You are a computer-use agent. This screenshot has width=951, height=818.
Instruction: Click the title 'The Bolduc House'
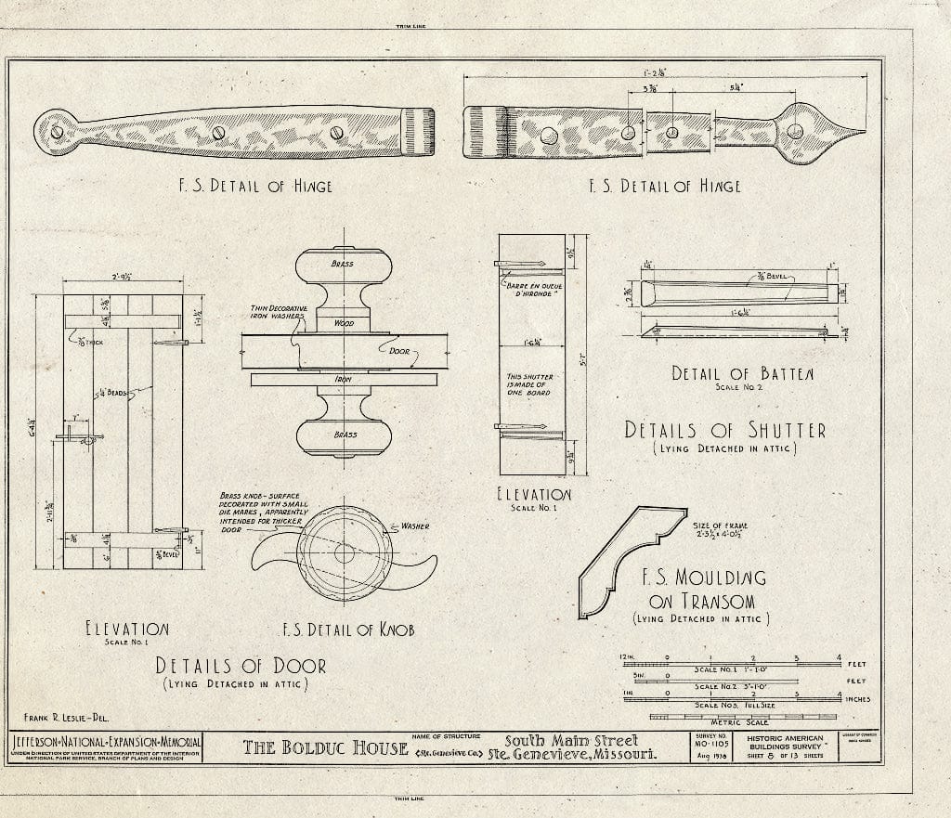[x=325, y=747]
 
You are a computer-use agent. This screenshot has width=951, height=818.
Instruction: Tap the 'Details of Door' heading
[x=241, y=666]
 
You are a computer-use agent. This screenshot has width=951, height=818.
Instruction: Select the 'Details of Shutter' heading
[x=724, y=430]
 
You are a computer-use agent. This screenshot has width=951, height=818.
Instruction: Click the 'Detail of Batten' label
[x=742, y=373]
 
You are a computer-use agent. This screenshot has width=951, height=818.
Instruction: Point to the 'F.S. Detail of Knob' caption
[x=348, y=630]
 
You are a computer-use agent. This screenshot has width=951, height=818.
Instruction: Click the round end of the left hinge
[x=56, y=131]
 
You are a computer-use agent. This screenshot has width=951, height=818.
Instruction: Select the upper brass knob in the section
[x=343, y=266]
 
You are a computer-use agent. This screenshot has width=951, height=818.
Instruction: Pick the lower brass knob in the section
[x=343, y=434]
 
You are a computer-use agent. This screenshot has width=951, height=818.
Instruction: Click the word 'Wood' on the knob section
[x=343, y=323]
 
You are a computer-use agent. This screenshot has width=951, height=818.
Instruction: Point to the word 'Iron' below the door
[x=343, y=379]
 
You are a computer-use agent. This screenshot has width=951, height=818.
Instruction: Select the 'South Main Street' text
[x=571, y=741]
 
